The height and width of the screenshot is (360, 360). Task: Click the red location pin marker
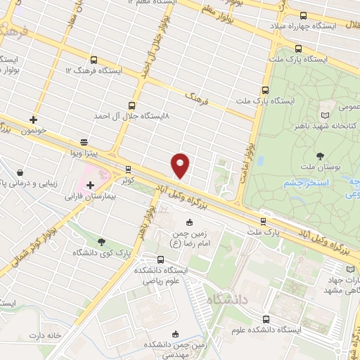point(180,165)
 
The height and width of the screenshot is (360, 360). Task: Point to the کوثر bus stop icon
point(127,169)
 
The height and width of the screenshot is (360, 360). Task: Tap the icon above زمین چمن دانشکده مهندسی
point(174,334)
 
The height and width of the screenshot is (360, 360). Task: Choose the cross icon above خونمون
point(33,120)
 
